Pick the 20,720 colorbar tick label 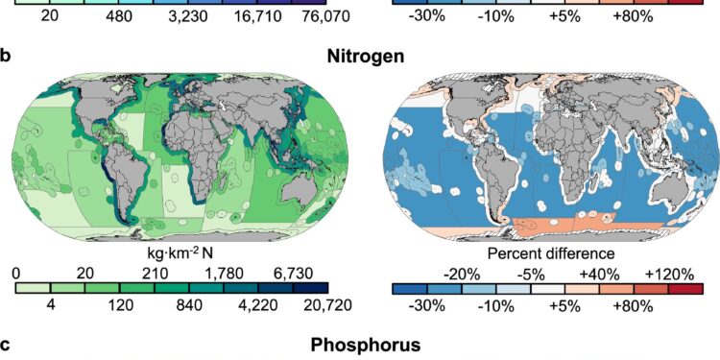coord(302,308)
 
